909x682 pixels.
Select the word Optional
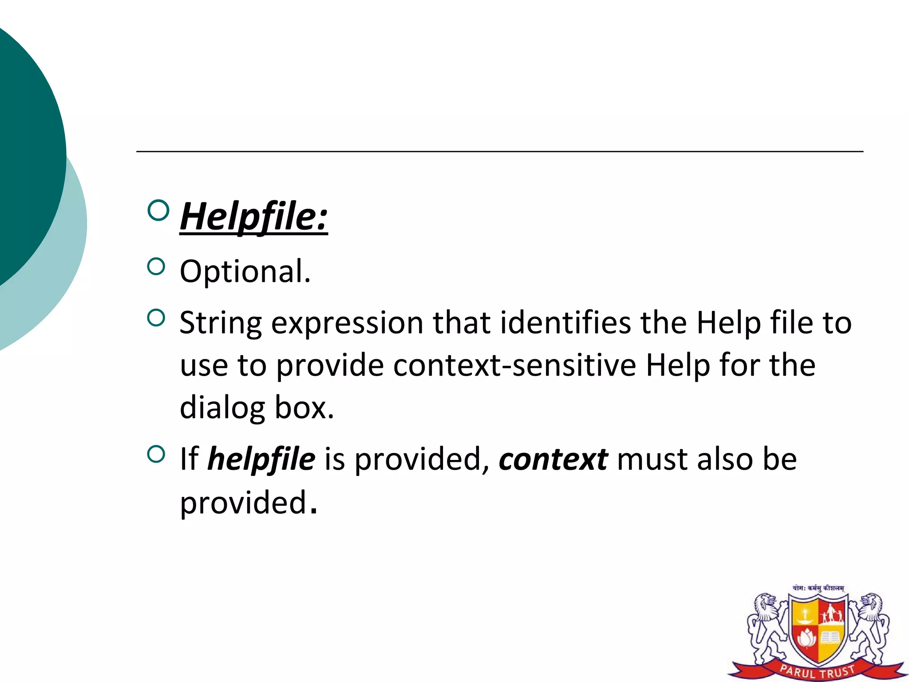(245, 271)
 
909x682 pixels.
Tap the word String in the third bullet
(221, 323)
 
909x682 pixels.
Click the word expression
(347, 323)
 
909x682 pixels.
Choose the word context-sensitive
(514, 365)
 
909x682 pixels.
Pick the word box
(304, 408)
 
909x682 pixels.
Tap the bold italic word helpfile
(261, 460)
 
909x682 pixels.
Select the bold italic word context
(553, 460)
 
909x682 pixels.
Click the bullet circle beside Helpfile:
(158, 210)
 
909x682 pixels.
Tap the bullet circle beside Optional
(156, 267)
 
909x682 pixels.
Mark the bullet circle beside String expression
(156, 318)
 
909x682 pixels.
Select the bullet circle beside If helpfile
(156, 454)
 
